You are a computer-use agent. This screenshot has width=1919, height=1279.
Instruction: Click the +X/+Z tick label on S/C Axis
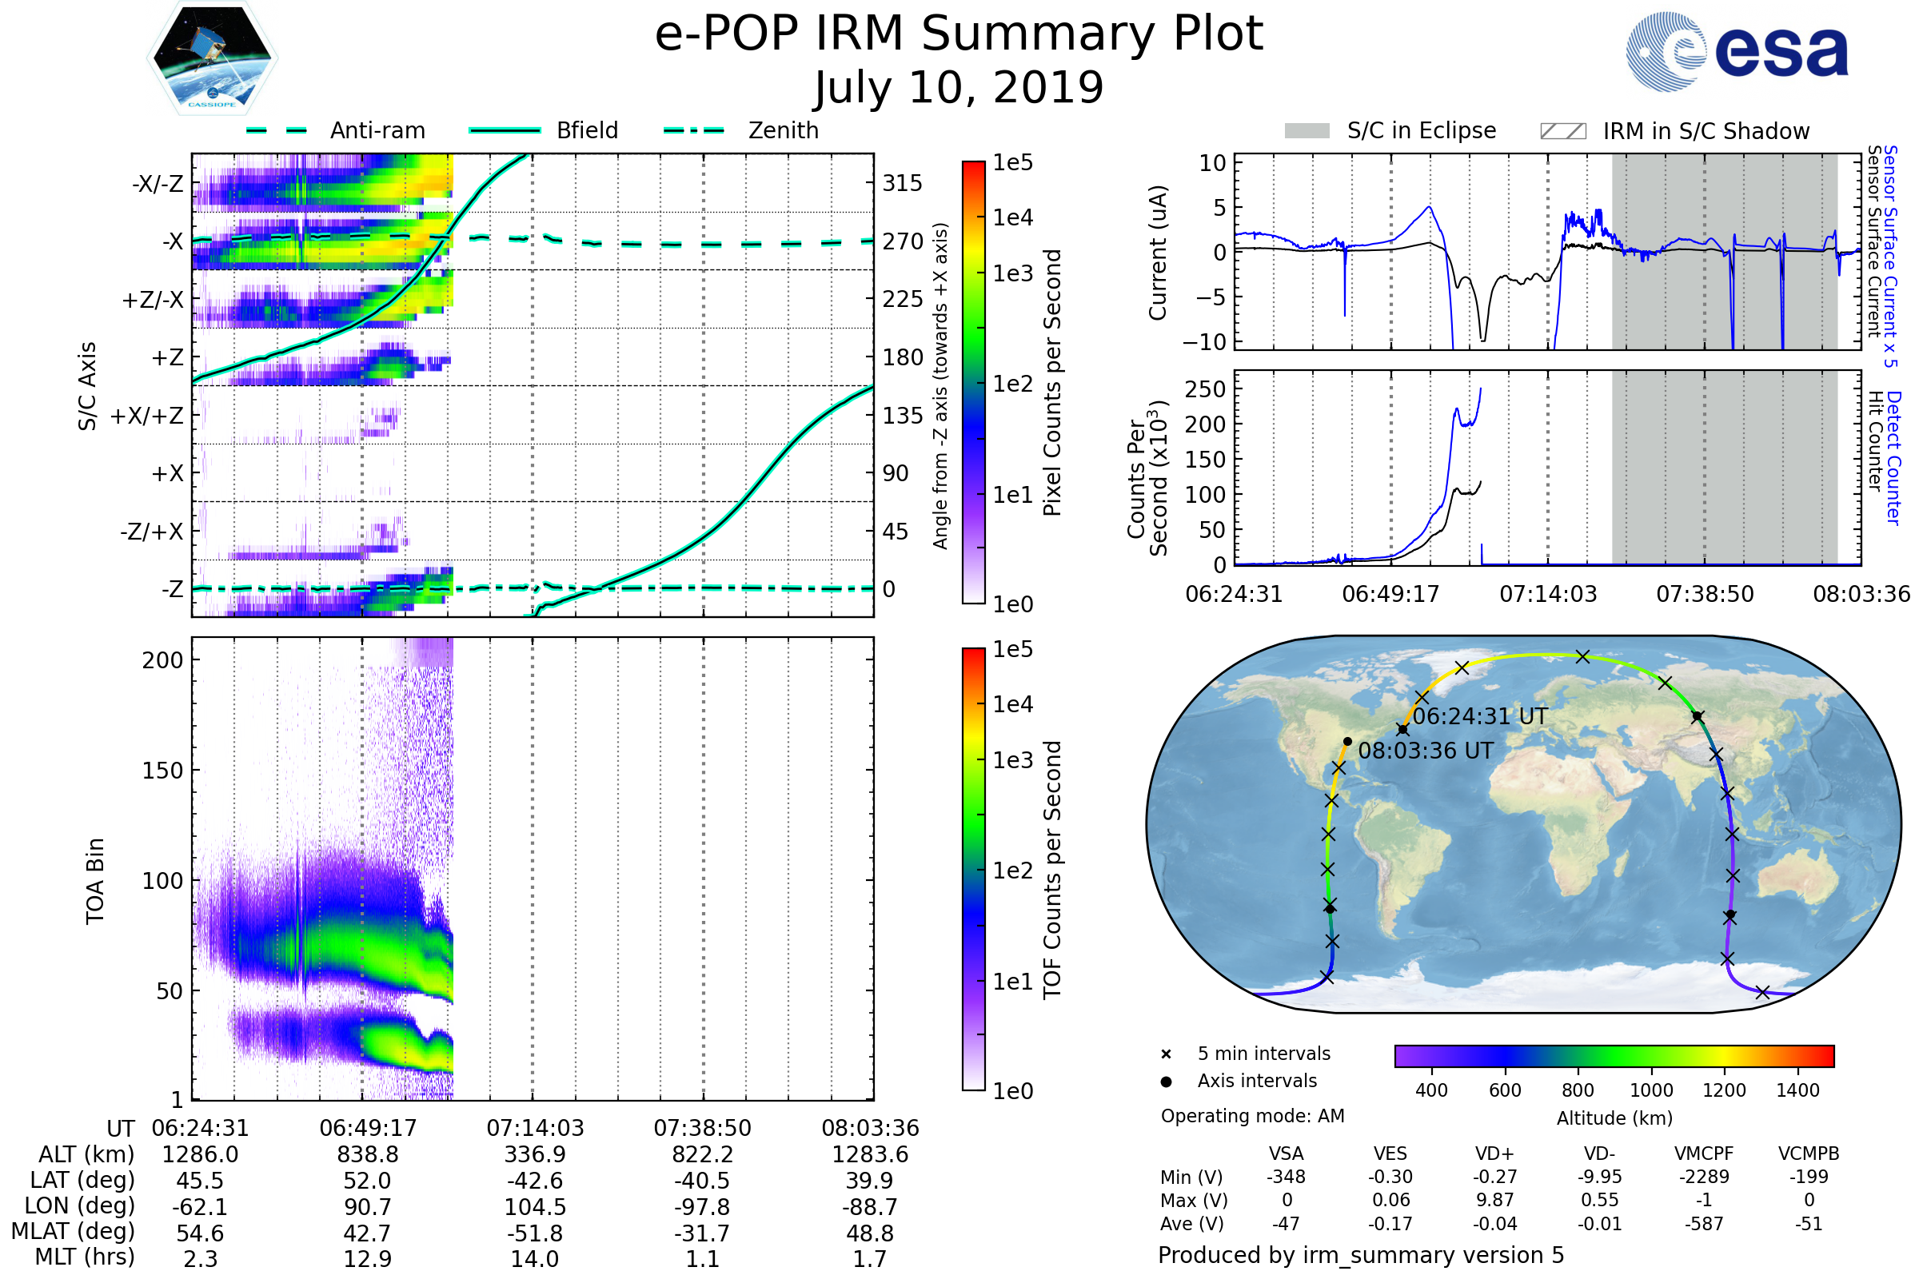click(x=147, y=416)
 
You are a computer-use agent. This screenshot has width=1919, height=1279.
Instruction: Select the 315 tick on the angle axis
click(x=903, y=183)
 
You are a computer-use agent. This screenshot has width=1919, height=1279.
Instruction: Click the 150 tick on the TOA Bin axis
click(x=162, y=771)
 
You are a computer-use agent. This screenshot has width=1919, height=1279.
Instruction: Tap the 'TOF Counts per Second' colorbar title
click(x=1052, y=870)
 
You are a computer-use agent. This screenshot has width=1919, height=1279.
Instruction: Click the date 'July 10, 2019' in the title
click(x=959, y=87)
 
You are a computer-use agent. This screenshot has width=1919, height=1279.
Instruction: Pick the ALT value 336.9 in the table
click(x=535, y=1154)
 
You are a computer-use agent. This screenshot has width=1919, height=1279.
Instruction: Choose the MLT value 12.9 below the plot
click(x=367, y=1258)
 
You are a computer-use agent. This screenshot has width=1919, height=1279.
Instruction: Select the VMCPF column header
click(x=1704, y=1153)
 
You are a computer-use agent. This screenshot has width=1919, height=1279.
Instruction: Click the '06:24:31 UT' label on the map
click(x=1480, y=716)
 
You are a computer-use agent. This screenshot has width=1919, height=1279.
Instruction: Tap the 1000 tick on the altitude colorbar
click(x=1651, y=1090)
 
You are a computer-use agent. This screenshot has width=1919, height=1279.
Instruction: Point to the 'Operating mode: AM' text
click(x=1252, y=1116)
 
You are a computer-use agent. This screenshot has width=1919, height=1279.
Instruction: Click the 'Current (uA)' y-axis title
click(x=1158, y=253)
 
